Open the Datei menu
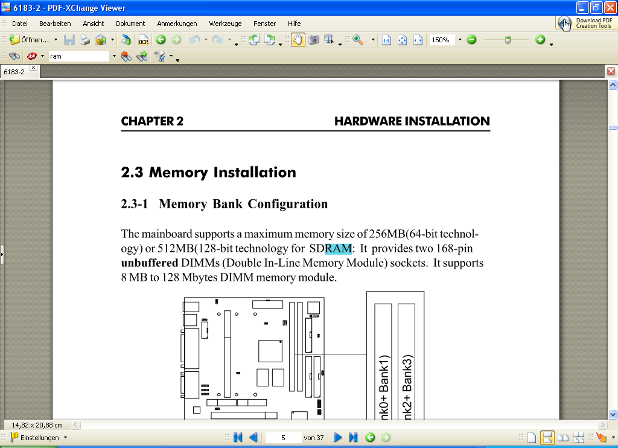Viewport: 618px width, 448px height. tap(20, 24)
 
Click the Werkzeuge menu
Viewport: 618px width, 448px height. tap(225, 24)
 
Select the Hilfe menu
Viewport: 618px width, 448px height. tap(294, 24)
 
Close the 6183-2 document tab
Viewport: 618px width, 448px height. tap(33, 68)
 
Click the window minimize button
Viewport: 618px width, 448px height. tap(582, 7)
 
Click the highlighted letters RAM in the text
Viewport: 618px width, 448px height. tap(337, 249)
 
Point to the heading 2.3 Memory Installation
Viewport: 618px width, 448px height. tap(208, 172)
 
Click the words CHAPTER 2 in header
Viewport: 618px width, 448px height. tap(152, 121)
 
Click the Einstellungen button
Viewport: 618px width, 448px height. tap(36, 438)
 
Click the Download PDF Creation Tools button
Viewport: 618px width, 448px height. tap(585, 23)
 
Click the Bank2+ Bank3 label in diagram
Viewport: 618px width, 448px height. tap(407, 386)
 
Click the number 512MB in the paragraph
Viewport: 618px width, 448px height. tap(176, 249)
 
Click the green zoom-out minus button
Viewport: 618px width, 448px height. tap(471, 40)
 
